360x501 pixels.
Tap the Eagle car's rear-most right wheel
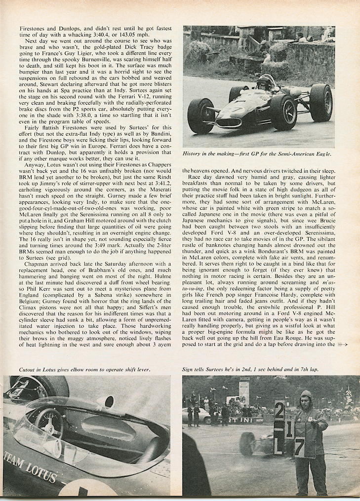pos(320,102)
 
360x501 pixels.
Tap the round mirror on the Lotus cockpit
pos(105,401)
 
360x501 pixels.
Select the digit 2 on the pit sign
pos(279,411)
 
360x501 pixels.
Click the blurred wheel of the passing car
pos(247,443)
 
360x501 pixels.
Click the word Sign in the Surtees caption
pos(190,369)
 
